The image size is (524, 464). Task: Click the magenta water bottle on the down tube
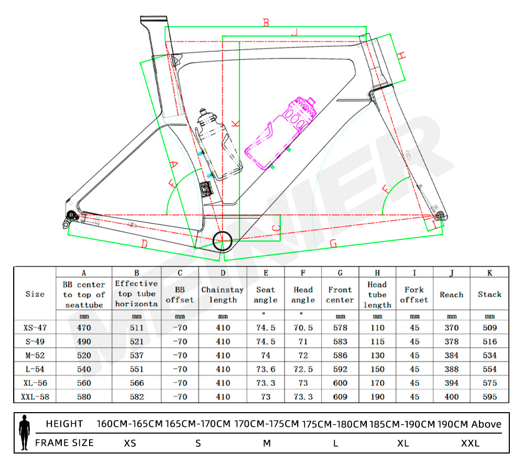click(x=281, y=133)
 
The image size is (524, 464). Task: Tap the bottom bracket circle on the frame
click(x=222, y=241)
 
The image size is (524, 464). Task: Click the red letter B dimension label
click(x=266, y=23)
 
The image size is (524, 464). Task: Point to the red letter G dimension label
click(x=333, y=244)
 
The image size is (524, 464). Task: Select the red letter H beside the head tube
click(x=401, y=55)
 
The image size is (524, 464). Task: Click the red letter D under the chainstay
click(x=145, y=244)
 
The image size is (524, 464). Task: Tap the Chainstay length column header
click(x=223, y=295)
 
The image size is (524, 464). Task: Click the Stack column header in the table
click(x=489, y=294)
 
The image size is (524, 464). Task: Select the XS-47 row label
click(x=35, y=328)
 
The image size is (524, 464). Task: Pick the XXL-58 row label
click(x=35, y=397)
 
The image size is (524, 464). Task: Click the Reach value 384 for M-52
click(x=452, y=356)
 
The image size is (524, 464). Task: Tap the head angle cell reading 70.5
click(x=303, y=328)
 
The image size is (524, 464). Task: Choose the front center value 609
click(x=340, y=397)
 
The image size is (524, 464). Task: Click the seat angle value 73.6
click(x=266, y=369)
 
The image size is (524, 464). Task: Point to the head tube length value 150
click(x=378, y=369)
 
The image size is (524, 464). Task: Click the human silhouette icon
click(x=25, y=433)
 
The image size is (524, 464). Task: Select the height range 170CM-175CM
click(x=266, y=424)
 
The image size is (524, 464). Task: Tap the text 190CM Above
click(x=469, y=424)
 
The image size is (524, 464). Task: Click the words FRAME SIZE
click(x=64, y=443)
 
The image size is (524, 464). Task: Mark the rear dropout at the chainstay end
click(x=71, y=217)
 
